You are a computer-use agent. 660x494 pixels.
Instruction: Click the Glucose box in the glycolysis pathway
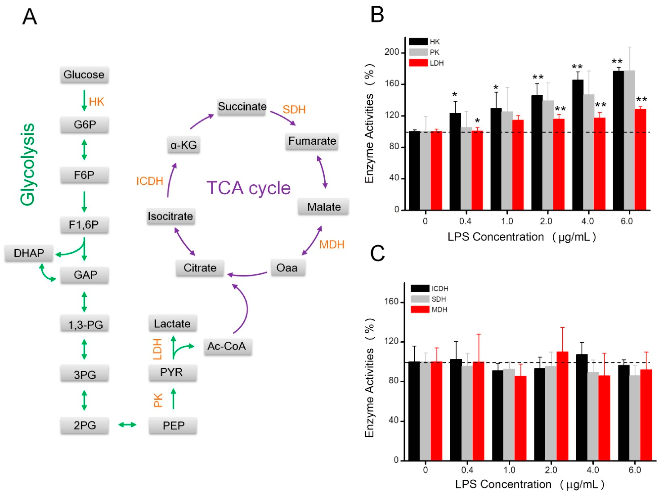84,75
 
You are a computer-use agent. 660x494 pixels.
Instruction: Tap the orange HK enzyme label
96,102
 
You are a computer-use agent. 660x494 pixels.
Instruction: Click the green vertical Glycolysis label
27,164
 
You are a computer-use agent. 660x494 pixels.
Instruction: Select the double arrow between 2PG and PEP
127,425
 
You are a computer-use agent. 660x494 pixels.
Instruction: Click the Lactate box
172,324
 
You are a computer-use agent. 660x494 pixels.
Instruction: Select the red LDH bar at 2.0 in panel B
559,164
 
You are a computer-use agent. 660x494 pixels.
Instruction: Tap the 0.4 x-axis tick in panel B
465,221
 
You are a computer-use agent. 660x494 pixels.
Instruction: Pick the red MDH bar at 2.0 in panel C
562,406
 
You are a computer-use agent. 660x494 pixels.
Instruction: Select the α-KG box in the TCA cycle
183,145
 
